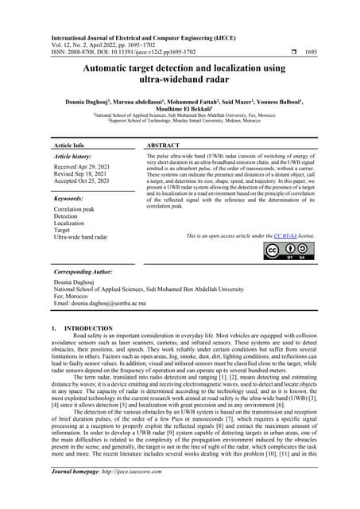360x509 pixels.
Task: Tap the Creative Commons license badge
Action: coord(288,251)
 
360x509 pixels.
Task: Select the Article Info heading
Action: coord(69,147)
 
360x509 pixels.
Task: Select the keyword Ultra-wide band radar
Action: coord(81,237)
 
